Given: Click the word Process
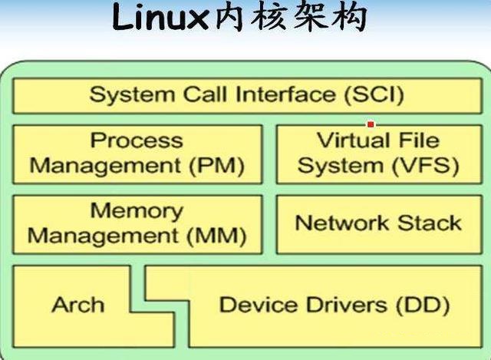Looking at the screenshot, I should pyautogui.click(x=137, y=140).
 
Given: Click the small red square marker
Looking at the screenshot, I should pyautogui.click(x=371, y=124).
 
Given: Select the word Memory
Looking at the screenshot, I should pyautogui.click(x=137, y=210).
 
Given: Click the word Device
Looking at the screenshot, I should pyautogui.click(x=255, y=305).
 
